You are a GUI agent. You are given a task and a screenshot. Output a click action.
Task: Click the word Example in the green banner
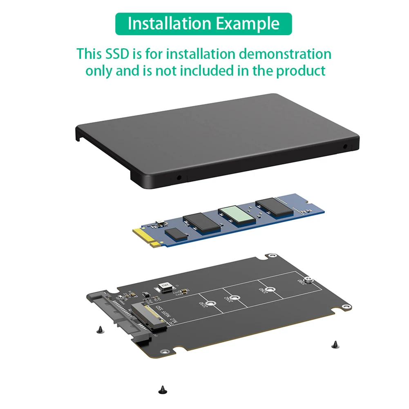(248, 24)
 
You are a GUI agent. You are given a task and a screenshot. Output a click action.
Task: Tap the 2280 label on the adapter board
(302, 282)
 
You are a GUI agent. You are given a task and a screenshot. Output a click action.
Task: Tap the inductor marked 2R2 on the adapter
(162, 287)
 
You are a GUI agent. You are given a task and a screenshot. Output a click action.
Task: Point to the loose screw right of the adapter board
(335, 344)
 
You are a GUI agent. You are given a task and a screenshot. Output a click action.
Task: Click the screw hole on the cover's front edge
(179, 178)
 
